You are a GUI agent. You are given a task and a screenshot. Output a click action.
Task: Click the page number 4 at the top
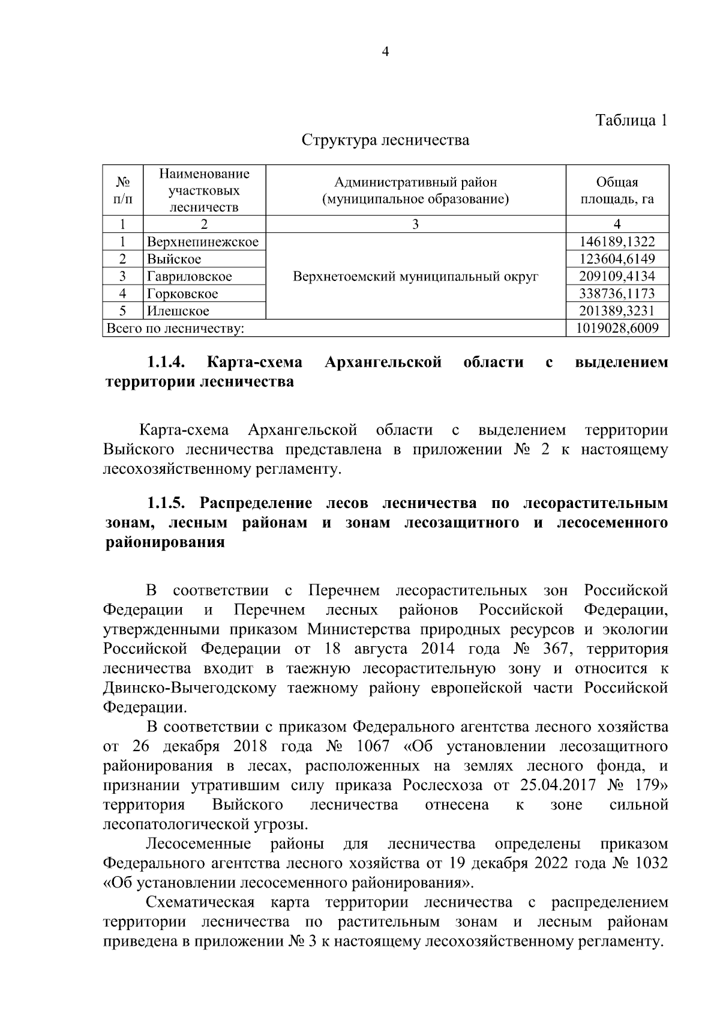pos(385,52)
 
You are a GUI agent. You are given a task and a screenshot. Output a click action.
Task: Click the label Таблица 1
pos(631,120)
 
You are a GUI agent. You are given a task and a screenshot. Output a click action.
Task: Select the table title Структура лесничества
pos(385,141)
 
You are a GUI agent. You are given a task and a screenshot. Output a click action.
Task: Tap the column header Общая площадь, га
pos(617,190)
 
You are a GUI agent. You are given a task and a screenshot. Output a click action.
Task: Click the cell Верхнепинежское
pos(203,242)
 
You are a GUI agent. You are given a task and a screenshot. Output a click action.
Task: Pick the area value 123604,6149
pos(617,259)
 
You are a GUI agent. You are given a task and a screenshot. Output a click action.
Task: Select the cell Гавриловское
pos(190,277)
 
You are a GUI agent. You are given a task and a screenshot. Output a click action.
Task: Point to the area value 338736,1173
pos(617,294)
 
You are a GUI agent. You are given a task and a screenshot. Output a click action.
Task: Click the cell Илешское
pos(178,311)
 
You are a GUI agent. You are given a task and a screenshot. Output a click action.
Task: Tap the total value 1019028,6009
pos(617,328)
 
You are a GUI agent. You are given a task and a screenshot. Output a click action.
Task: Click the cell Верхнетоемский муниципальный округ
pos(416,277)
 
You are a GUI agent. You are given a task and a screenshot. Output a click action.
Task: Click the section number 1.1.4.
pos(166,363)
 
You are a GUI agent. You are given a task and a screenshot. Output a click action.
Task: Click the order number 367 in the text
pos(560,649)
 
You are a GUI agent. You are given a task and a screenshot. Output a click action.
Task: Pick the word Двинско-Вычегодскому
pos(190,688)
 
